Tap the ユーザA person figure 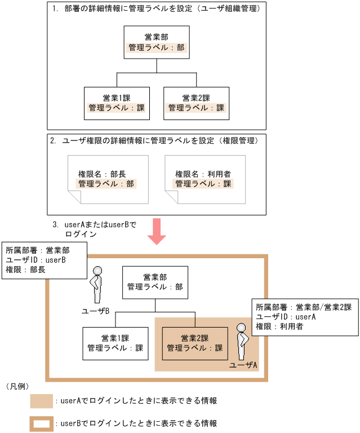tap(243, 342)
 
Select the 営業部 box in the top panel tap(156, 42)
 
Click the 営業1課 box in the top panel tap(117, 103)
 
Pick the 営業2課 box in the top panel tap(196, 103)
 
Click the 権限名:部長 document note tap(107, 180)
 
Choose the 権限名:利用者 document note tap(205, 180)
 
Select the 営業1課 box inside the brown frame tap(115, 343)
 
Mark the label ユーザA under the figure tap(243, 365)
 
